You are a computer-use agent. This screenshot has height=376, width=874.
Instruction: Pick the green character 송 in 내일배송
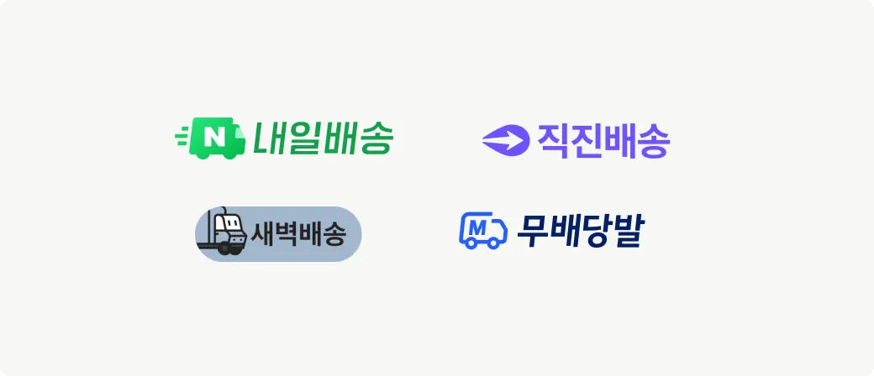coord(375,138)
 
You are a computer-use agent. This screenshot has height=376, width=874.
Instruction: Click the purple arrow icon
coord(504,140)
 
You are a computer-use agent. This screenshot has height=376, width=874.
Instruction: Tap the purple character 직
coord(553,141)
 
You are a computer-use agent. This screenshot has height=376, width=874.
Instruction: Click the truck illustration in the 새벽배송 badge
coord(223,233)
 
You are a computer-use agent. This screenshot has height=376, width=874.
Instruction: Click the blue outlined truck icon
coord(483,230)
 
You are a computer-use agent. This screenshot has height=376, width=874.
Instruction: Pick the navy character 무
coord(531,231)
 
